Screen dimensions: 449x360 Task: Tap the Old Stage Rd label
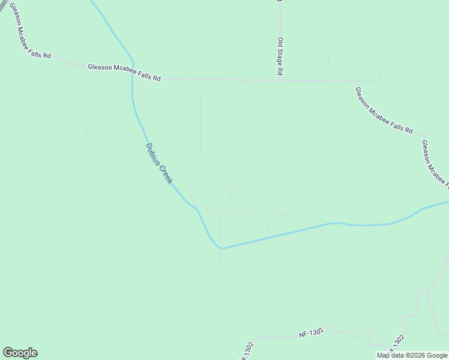[x=280, y=56]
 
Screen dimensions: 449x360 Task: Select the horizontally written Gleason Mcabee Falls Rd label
[x=124, y=73]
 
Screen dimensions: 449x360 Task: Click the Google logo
[x=20, y=353]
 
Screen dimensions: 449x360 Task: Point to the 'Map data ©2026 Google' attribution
[x=412, y=355]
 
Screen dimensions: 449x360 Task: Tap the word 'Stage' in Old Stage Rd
[x=280, y=56]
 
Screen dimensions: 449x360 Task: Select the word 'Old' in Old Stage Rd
[x=280, y=43]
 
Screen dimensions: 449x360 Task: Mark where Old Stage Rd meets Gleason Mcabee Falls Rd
[x=280, y=79]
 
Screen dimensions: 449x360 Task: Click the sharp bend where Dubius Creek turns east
[x=221, y=247]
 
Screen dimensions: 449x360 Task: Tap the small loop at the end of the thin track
[x=230, y=188]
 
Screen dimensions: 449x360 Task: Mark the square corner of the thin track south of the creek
[x=220, y=271]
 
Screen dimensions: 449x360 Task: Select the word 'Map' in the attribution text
[x=383, y=355]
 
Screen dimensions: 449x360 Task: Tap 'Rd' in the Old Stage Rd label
[x=280, y=70]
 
